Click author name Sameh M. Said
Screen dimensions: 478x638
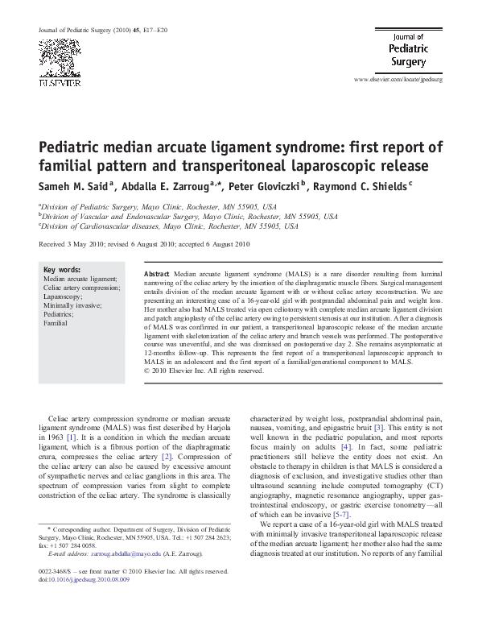(76, 185)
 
